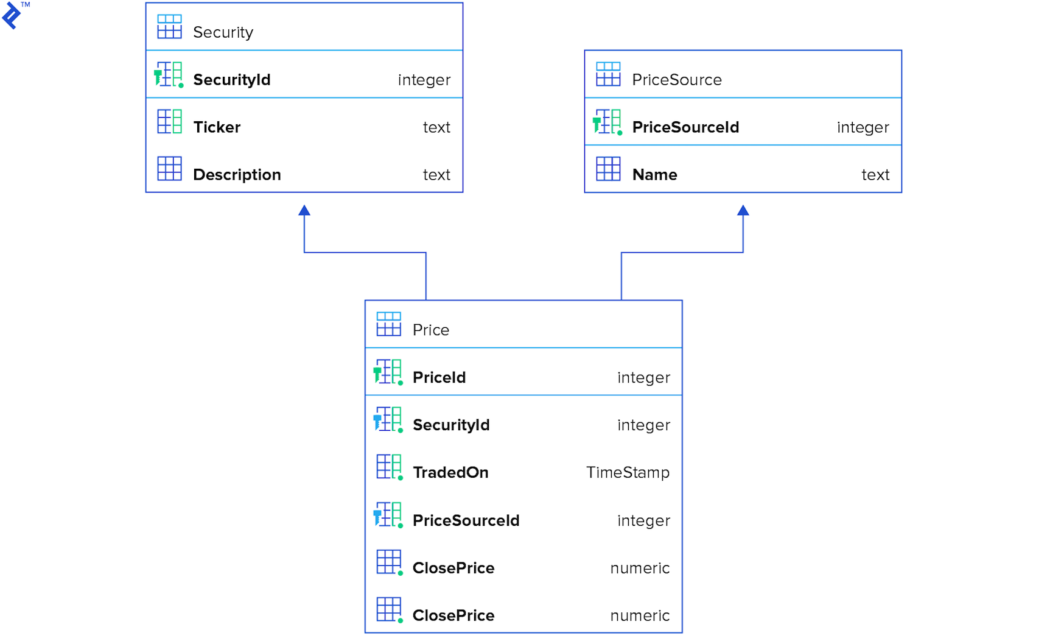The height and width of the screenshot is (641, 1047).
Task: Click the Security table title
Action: (x=223, y=32)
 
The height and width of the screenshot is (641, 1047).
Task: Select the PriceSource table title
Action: (x=676, y=80)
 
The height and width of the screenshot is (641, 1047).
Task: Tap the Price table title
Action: (x=430, y=330)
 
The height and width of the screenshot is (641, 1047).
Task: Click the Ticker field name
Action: (x=217, y=127)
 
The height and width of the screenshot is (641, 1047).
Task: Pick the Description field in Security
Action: (x=237, y=175)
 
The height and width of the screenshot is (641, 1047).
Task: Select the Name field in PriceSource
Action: (x=654, y=175)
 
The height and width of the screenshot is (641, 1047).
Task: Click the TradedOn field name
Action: (x=450, y=473)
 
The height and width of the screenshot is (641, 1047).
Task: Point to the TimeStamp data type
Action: (x=628, y=473)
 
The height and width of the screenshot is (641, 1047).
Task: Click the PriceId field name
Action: (x=439, y=378)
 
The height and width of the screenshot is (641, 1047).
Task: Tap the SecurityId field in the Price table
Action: (x=451, y=425)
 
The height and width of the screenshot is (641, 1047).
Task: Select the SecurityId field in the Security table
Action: (x=231, y=80)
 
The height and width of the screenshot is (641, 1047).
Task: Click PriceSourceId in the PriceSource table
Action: (x=685, y=127)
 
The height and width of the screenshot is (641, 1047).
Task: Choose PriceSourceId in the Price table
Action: (x=466, y=521)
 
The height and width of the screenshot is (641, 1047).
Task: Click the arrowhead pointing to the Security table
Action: (x=304, y=211)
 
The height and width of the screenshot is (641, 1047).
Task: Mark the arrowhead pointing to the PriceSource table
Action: (x=743, y=211)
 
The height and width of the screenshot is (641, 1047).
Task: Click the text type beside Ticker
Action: (x=436, y=127)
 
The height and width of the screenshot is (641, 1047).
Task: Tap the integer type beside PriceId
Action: (x=643, y=378)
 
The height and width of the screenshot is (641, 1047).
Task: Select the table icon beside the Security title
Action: (x=169, y=27)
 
